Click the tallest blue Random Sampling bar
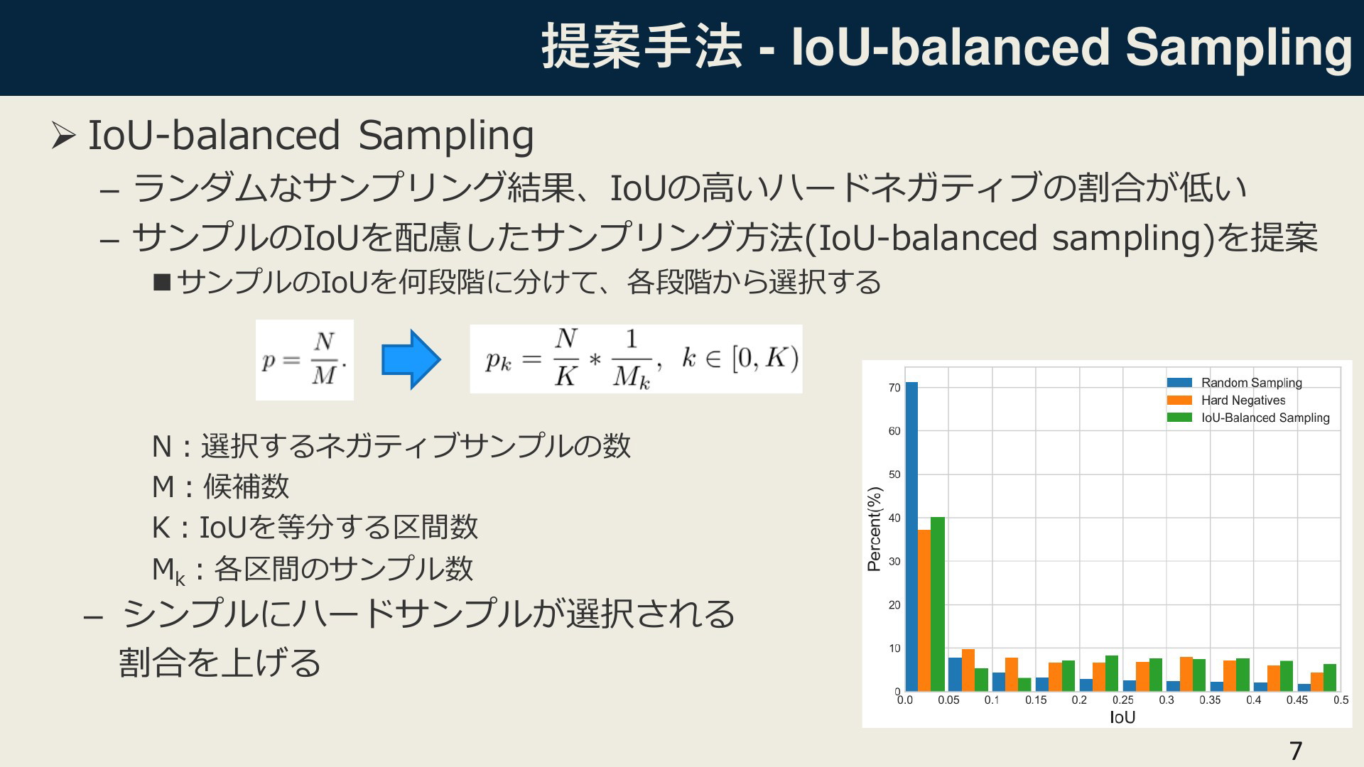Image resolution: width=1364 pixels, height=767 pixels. pyautogui.click(x=911, y=536)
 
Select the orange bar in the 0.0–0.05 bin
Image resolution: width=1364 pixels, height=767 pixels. pyautogui.click(x=924, y=610)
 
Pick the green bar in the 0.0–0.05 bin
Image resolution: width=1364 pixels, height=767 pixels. pyautogui.click(x=938, y=604)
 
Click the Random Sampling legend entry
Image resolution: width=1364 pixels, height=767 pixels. pyautogui.click(x=1235, y=383)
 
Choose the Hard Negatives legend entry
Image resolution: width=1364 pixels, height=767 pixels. pyautogui.click(x=1226, y=401)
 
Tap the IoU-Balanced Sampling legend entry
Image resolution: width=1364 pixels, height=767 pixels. pyautogui.click(x=1248, y=418)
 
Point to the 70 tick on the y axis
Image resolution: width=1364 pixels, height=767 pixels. pyautogui.click(x=894, y=388)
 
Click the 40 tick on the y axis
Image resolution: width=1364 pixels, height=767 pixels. pyautogui.click(x=894, y=518)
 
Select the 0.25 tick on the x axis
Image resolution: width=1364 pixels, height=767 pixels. pyautogui.click(x=1122, y=700)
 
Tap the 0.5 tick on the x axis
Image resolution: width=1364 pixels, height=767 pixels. pyautogui.click(x=1341, y=700)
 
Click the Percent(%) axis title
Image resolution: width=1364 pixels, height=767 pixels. pyautogui.click(x=875, y=529)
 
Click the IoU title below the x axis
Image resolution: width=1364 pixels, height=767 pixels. pyautogui.click(x=1122, y=717)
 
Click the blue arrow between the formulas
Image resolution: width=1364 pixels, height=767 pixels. pyautogui.click(x=411, y=360)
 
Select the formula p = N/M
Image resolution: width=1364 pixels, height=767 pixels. pyautogui.click(x=305, y=360)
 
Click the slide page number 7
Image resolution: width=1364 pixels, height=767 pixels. pyautogui.click(x=1296, y=751)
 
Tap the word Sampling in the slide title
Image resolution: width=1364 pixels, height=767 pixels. pyautogui.click(x=1238, y=48)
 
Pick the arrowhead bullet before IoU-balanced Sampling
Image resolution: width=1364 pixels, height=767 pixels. pyautogui.click(x=63, y=136)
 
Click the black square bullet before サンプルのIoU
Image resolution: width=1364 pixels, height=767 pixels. pyautogui.click(x=162, y=283)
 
